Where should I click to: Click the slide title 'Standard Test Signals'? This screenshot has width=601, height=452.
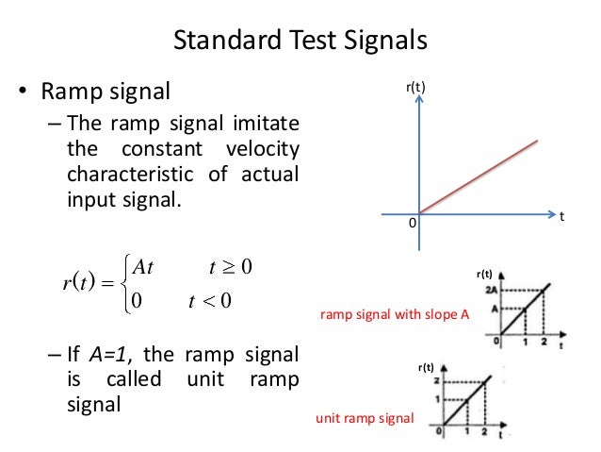click(x=300, y=42)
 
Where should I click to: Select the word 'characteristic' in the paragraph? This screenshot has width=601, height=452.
click(x=126, y=175)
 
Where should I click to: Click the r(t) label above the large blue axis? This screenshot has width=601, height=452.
click(x=416, y=88)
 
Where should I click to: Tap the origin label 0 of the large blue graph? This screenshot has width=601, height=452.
click(x=411, y=223)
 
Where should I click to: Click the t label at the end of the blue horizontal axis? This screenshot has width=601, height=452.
click(x=561, y=216)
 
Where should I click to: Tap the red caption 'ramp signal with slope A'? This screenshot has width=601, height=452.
click(x=395, y=316)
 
